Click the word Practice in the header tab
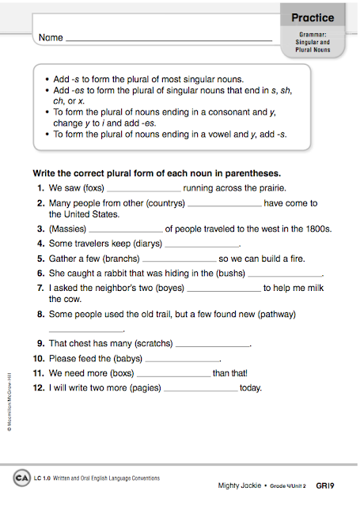(x=312, y=17)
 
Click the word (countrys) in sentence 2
(x=162, y=203)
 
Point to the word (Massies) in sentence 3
(x=69, y=229)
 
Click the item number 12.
(x=38, y=388)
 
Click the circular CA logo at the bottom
(x=21, y=478)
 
